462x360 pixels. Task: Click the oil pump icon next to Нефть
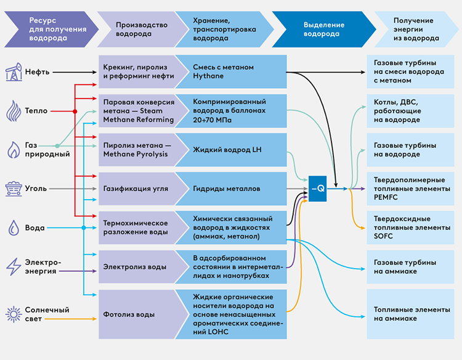tap(13, 72)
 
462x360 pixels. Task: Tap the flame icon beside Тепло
tap(13, 111)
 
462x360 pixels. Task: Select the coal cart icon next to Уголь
tap(13, 188)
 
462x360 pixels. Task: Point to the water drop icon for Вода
tap(13, 227)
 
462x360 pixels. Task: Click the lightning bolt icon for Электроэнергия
tap(13, 266)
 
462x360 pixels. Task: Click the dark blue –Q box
tap(318, 188)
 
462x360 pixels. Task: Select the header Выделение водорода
tap(321, 30)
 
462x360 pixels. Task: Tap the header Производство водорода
tap(133, 30)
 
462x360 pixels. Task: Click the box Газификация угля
tap(136, 188)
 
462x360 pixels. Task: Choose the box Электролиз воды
tap(136, 267)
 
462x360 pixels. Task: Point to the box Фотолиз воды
tap(136, 314)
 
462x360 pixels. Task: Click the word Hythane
tap(208, 76)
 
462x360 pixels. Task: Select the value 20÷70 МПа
tap(213, 120)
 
